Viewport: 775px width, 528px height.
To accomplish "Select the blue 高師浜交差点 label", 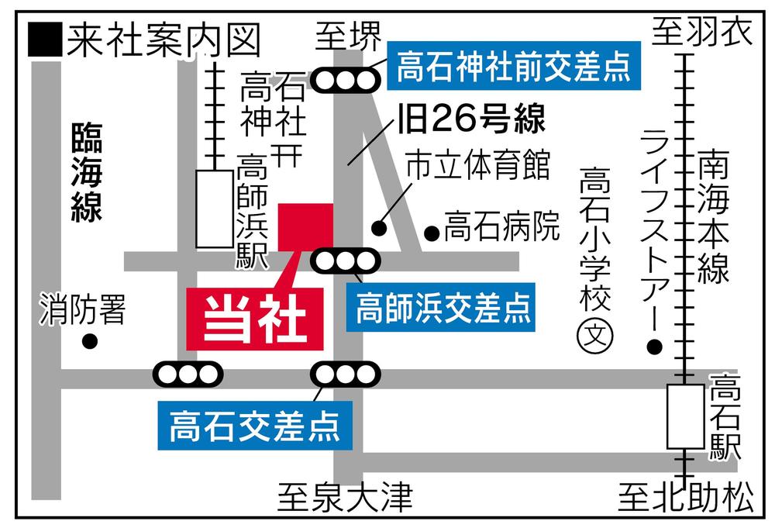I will point(443,306).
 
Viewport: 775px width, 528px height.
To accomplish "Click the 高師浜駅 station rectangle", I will point(214,209).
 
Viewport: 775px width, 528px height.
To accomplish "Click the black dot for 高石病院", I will point(432,232).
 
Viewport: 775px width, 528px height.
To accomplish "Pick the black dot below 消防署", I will point(91,340).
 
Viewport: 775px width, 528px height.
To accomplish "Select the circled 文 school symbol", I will point(598,336).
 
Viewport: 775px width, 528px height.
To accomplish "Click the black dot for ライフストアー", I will point(656,346).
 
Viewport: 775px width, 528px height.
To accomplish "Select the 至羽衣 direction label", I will point(701,32).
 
